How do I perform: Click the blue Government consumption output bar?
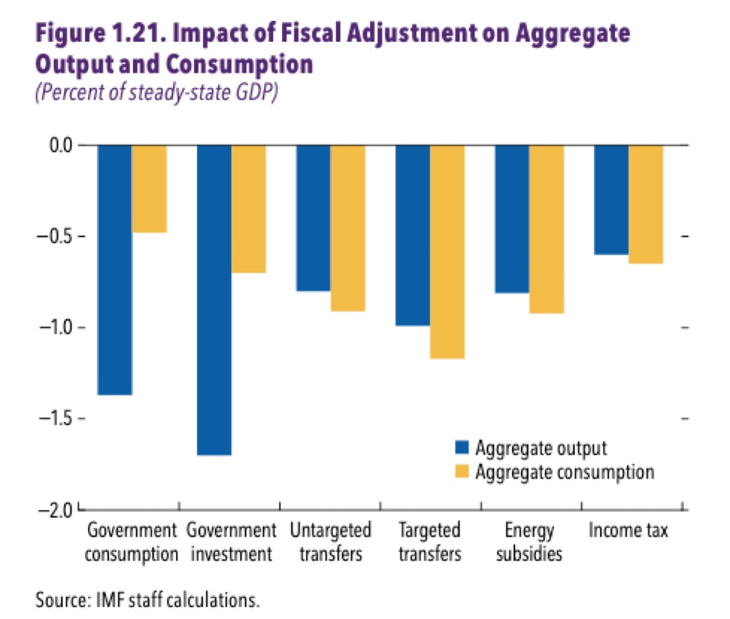tap(114, 270)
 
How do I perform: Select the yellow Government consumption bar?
tap(149, 189)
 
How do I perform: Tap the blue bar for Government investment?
tap(214, 300)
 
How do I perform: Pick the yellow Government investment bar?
tap(248, 209)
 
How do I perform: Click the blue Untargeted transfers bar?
tap(313, 218)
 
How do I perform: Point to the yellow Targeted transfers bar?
tap(447, 252)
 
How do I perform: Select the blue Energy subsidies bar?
tap(512, 219)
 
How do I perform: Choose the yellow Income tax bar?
tap(646, 204)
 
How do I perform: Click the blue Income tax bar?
tap(611, 199)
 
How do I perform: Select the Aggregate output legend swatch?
tap(462, 448)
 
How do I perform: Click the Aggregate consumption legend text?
tap(565, 472)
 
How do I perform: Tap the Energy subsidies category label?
tap(529, 542)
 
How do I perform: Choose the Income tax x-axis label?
tap(628, 530)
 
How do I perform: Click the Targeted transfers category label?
tap(429, 542)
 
